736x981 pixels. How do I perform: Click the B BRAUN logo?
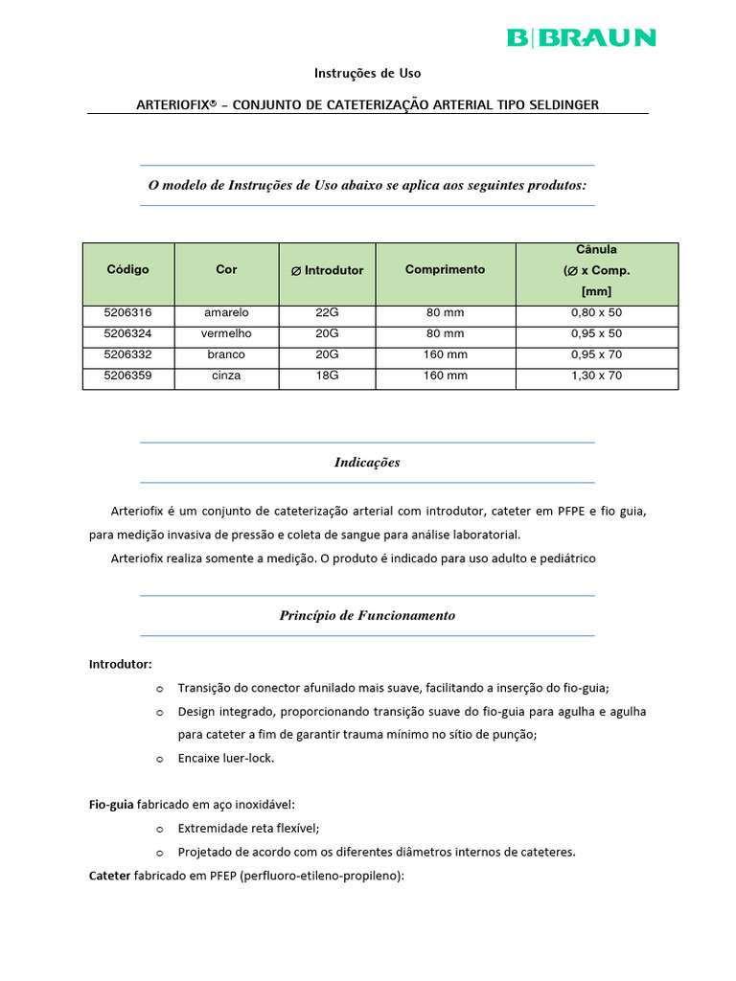(x=581, y=37)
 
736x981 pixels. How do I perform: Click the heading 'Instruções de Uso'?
(x=368, y=73)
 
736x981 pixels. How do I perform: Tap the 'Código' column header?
(x=127, y=270)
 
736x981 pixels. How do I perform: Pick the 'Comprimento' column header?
(x=445, y=270)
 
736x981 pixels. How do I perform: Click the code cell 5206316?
(x=127, y=313)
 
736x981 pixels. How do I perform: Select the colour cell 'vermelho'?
(x=226, y=334)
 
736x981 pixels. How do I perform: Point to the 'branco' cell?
(x=226, y=354)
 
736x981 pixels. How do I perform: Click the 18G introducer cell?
(x=327, y=376)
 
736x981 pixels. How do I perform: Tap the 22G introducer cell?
(x=327, y=313)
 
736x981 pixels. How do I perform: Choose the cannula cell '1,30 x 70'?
(x=596, y=376)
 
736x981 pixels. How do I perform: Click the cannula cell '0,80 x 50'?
(x=596, y=313)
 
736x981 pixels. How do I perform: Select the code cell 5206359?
(x=127, y=376)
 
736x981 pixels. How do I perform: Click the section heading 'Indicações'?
(x=367, y=463)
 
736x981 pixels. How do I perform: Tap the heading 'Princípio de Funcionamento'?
(x=367, y=616)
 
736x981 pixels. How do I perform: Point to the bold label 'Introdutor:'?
(x=120, y=664)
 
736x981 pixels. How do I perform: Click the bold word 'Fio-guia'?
(x=111, y=805)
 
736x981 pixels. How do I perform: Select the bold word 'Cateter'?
(x=110, y=876)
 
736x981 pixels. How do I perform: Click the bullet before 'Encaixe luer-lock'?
(x=160, y=759)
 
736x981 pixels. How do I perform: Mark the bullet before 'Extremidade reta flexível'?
(x=160, y=829)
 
